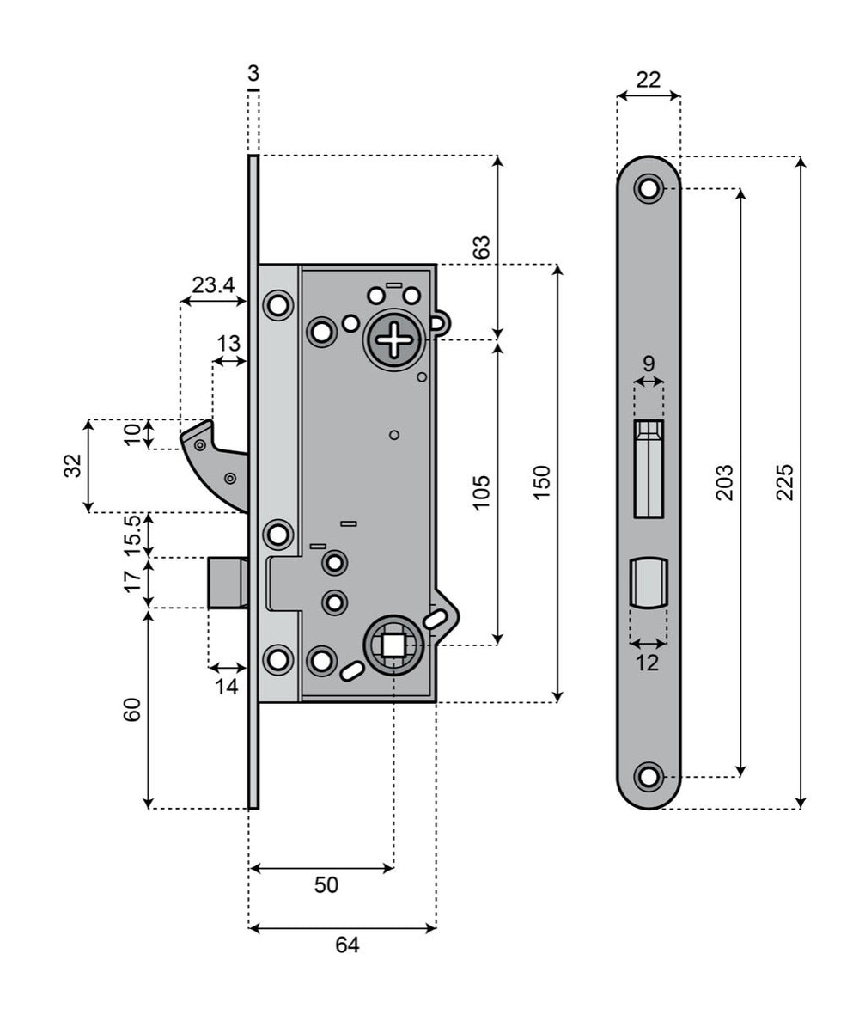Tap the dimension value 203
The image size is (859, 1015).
click(x=724, y=482)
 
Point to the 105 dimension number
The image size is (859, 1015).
click(x=482, y=492)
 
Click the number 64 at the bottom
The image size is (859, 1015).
click(x=346, y=945)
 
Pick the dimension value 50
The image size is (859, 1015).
click(x=326, y=885)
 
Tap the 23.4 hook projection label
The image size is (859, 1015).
click(x=213, y=285)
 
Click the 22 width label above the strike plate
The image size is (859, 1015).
click(x=649, y=80)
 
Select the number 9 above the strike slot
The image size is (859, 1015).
click(x=649, y=363)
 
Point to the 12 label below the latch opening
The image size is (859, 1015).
click(x=648, y=663)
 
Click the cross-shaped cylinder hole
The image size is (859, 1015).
click(x=394, y=339)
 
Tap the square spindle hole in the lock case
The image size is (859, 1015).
click(x=393, y=645)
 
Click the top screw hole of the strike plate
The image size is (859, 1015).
click(x=649, y=188)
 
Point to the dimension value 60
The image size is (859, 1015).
click(x=132, y=710)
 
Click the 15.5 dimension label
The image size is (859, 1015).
click(x=132, y=535)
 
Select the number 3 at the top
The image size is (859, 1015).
click(x=253, y=71)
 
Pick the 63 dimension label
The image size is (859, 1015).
click(x=483, y=248)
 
